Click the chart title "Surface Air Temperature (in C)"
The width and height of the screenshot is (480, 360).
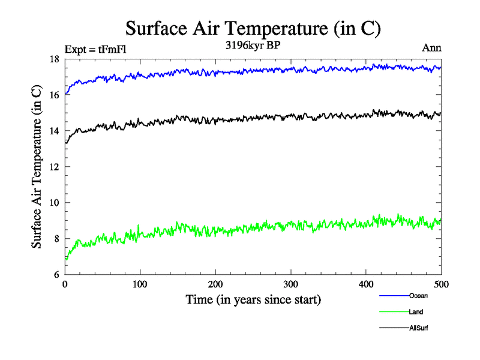253,29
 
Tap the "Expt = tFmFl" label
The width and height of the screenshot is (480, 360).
95,49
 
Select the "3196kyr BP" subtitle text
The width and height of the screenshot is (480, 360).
253,46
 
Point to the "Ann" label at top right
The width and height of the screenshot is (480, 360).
432,49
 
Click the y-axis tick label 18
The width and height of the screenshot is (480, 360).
55,59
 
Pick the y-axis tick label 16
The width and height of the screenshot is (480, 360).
55,95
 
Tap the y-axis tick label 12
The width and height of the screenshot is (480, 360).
55,167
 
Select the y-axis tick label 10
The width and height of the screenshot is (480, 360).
55,203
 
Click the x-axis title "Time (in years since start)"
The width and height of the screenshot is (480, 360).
253,299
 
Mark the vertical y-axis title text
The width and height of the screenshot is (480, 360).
37,167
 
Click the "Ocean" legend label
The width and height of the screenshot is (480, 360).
418,296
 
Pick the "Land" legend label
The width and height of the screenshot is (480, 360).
416,312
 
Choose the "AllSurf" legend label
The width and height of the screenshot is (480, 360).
419,328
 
